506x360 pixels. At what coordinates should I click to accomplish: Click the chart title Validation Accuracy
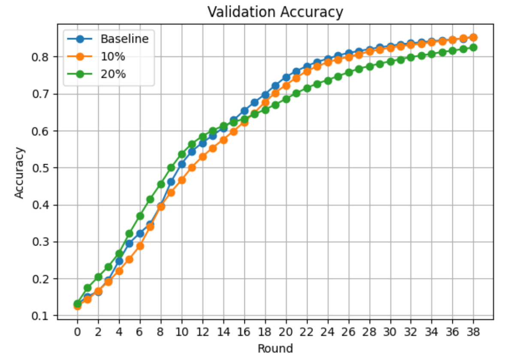[275, 12]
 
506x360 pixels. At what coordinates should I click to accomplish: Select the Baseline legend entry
[124, 39]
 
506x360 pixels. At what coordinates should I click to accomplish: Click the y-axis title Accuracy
[19, 173]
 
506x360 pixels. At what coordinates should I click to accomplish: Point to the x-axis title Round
[275, 348]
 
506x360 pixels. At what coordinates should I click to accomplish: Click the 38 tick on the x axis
[473, 332]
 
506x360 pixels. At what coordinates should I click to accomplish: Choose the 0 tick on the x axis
[77, 332]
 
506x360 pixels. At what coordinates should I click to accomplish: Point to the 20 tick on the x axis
[286, 332]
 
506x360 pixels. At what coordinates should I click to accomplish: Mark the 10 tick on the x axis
[182, 332]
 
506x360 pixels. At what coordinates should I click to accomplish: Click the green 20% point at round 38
[473, 48]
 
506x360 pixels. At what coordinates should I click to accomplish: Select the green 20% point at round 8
[161, 185]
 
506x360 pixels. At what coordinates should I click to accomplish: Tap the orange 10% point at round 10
[182, 180]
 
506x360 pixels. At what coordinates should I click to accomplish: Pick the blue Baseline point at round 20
[286, 78]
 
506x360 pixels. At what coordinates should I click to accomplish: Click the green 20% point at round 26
[349, 72]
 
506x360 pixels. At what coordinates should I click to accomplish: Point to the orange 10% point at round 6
[140, 246]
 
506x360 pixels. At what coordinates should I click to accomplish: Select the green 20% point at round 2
[98, 277]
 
